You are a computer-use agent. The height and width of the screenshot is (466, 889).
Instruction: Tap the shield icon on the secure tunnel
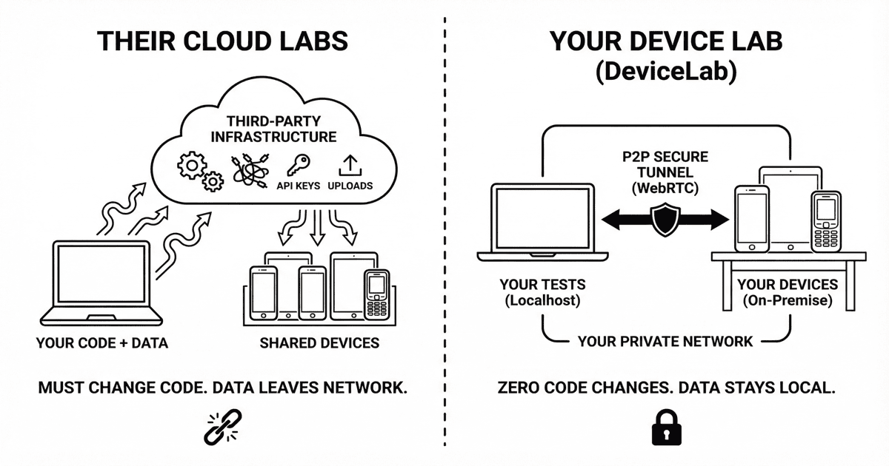click(664, 219)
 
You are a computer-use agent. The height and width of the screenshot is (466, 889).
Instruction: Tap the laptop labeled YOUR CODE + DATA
click(101, 281)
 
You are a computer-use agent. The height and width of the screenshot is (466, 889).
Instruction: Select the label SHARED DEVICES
click(319, 343)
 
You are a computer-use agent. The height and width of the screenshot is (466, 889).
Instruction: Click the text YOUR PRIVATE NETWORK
click(665, 341)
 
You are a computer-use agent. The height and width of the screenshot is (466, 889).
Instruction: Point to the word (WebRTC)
click(665, 189)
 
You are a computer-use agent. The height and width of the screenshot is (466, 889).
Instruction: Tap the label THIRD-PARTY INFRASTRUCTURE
click(273, 129)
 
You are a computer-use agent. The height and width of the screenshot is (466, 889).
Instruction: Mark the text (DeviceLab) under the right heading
click(665, 74)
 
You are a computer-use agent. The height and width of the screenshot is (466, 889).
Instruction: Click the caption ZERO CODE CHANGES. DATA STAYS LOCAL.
click(665, 388)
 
